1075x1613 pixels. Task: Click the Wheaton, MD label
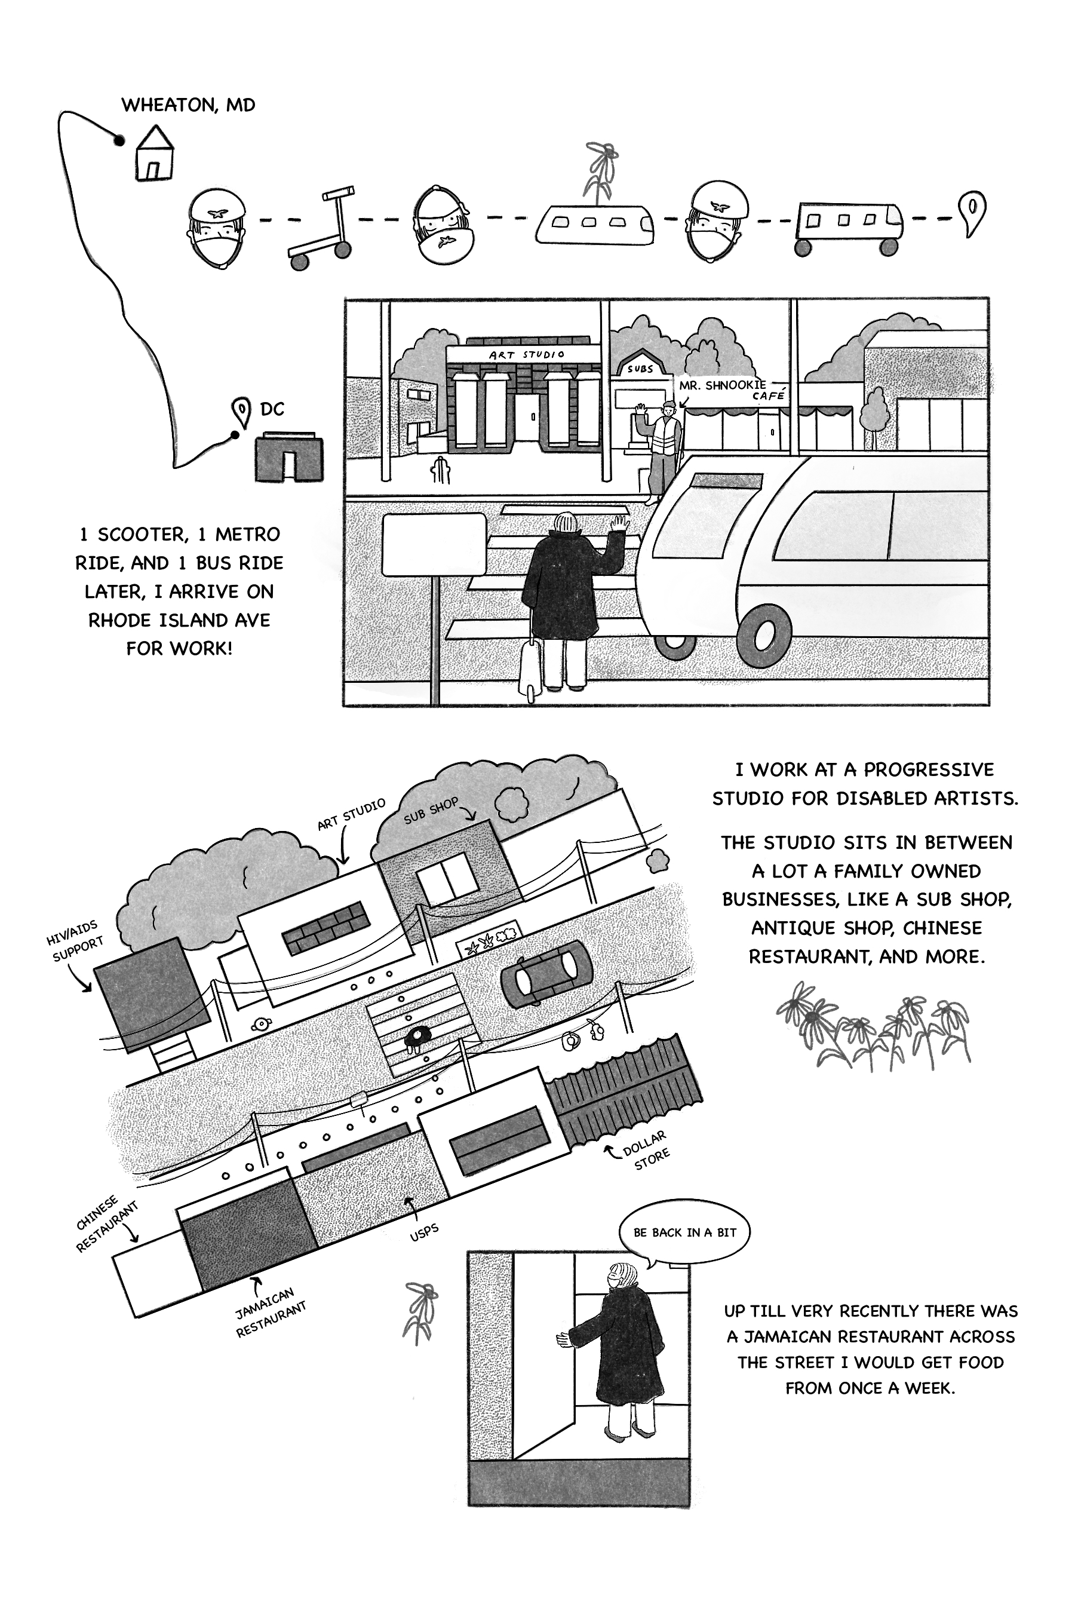point(188,105)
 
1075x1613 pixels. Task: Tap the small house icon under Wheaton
point(155,154)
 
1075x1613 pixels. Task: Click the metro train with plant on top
point(594,222)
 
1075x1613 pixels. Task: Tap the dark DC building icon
point(288,457)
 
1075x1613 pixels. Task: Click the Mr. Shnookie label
point(723,385)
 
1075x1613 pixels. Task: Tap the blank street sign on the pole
point(434,545)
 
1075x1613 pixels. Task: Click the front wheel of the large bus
point(763,635)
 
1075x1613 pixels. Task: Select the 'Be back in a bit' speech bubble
point(684,1232)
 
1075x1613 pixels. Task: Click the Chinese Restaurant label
point(106,1223)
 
